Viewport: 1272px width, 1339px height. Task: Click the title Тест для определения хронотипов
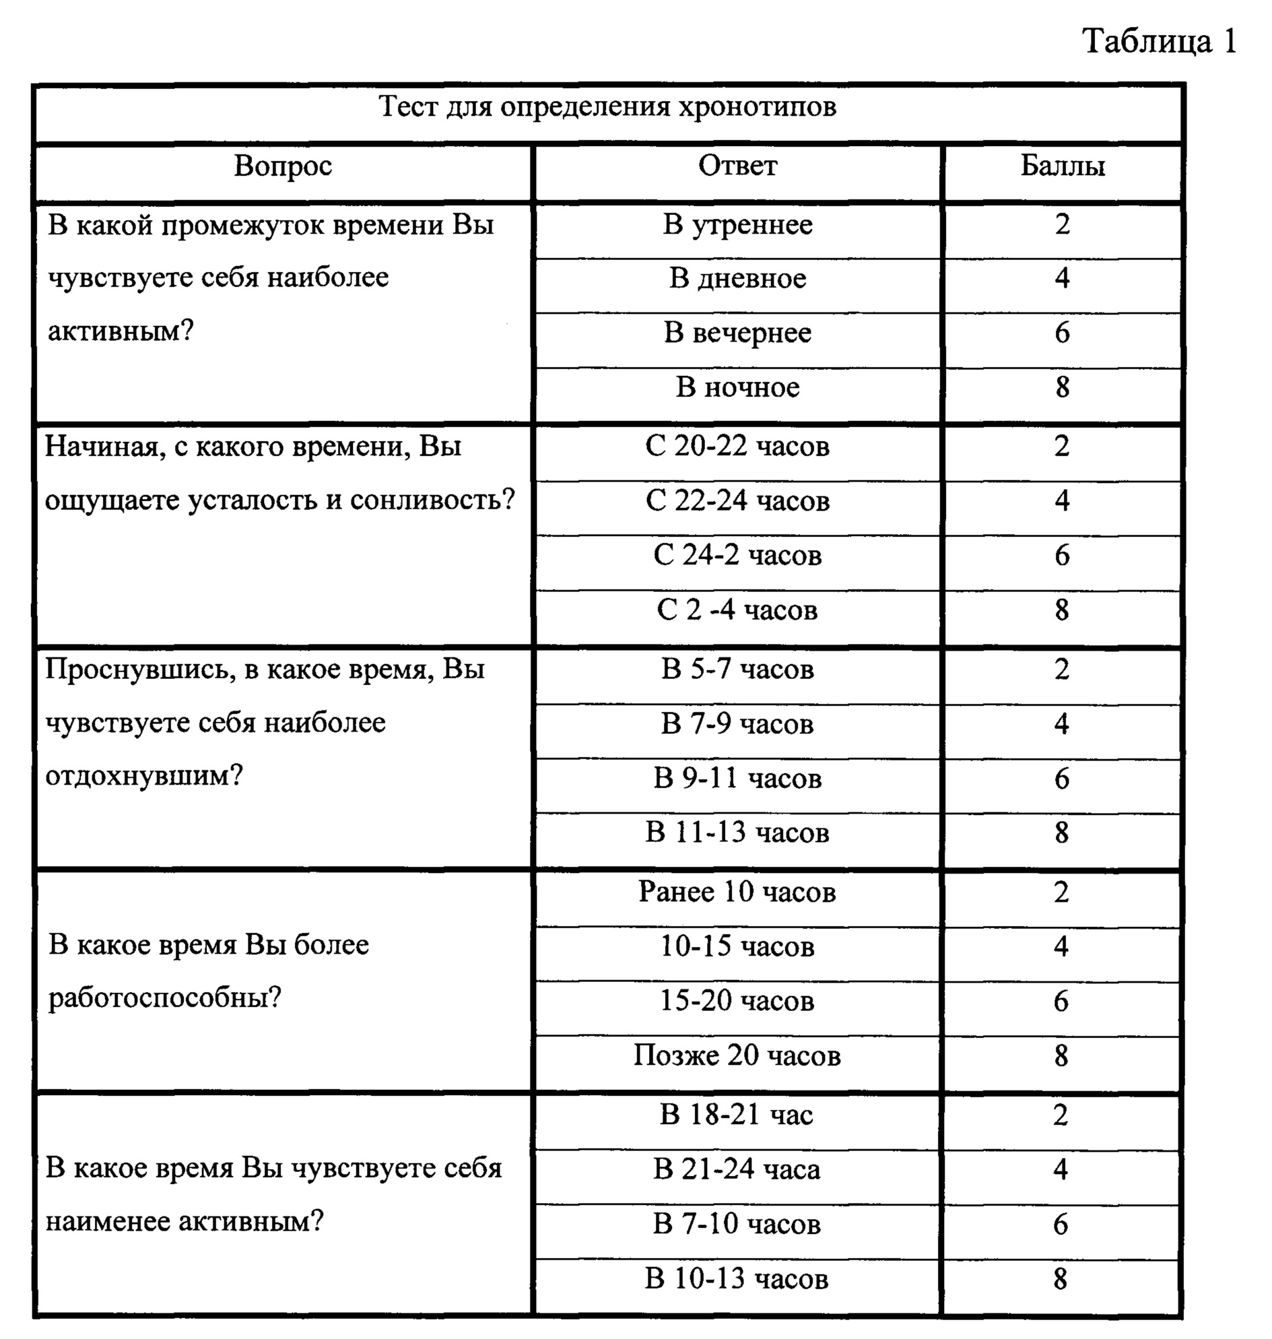607,106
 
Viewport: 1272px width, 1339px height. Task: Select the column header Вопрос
283,166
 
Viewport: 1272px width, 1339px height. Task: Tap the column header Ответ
737,166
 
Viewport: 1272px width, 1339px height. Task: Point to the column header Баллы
1062,166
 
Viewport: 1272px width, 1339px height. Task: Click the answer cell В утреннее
737,224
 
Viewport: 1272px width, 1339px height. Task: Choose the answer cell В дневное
737,278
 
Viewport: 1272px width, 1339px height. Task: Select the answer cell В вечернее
737,332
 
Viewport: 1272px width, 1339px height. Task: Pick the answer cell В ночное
737,387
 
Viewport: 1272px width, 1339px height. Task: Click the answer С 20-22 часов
737,447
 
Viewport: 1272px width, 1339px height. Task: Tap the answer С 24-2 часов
737,556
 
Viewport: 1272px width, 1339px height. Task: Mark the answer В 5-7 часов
737,669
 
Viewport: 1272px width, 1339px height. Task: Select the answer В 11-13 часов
737,832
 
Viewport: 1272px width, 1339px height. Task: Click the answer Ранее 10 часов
737,892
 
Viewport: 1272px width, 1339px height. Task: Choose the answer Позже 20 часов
737,1055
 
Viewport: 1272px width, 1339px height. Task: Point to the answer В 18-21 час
737,1115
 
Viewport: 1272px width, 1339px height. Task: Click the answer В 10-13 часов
737,1278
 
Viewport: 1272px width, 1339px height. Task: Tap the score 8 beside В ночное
1062,387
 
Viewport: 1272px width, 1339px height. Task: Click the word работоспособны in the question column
159,998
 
